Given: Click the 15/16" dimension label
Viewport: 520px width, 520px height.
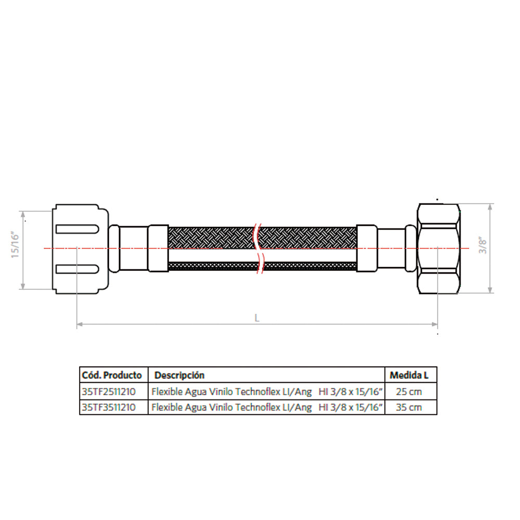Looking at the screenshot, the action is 15,245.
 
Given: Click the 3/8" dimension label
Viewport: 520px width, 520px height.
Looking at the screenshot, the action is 483,245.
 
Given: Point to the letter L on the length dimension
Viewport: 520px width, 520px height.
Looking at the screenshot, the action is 257,318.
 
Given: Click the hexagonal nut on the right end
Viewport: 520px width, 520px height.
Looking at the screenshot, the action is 438,249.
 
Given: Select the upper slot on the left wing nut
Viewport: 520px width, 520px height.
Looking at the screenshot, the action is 77,229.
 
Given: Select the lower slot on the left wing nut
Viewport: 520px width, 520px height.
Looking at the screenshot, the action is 77,269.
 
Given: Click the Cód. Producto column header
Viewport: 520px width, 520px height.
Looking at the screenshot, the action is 112,375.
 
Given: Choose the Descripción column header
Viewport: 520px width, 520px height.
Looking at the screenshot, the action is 179,375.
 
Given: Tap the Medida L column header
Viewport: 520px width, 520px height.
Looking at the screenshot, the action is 409,375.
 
